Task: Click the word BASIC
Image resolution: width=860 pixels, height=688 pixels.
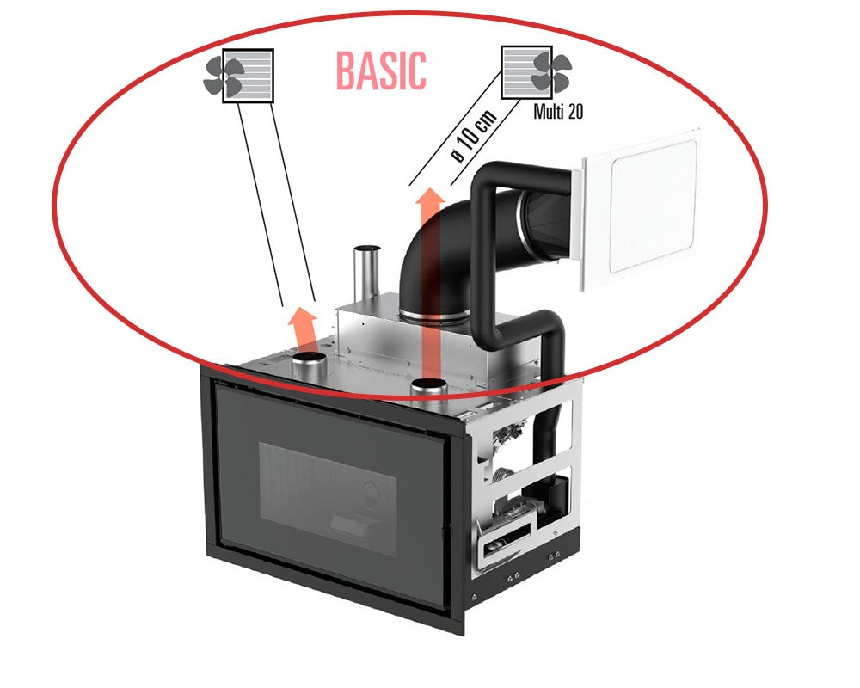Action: click(x=380, y=71)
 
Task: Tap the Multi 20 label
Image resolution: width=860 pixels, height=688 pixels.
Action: click(x=558, y=111)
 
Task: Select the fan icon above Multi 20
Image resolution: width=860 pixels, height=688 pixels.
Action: click(x=550, y=71)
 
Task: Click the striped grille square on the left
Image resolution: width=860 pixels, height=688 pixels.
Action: click(x=249, y=76)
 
